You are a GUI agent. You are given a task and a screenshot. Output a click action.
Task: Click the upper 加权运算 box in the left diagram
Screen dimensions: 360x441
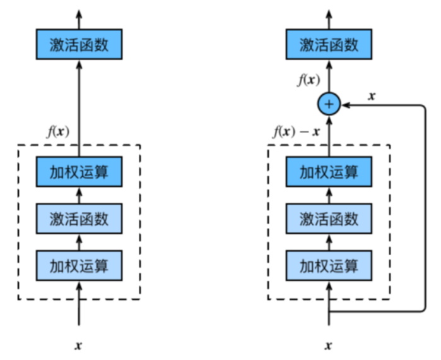[79, 172]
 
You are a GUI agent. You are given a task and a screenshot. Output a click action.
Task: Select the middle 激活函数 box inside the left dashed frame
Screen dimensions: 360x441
[79, 219]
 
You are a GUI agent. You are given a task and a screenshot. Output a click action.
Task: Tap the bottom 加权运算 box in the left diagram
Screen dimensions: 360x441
[79, 265]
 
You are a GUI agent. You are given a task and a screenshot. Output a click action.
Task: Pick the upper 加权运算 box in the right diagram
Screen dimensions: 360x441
[329, 172]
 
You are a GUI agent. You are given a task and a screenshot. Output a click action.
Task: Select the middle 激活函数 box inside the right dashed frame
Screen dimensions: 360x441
[329, 219]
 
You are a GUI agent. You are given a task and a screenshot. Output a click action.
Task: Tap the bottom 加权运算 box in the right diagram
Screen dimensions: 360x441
[329, 265]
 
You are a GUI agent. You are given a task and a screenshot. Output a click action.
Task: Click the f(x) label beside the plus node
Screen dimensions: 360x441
[309, 80]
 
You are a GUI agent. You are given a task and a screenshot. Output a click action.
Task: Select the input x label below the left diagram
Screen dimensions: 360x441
[79, 345]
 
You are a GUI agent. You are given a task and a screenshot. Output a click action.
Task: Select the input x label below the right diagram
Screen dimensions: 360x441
[329, 345]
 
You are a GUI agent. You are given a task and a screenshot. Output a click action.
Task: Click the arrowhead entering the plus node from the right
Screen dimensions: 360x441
[345, 104]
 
